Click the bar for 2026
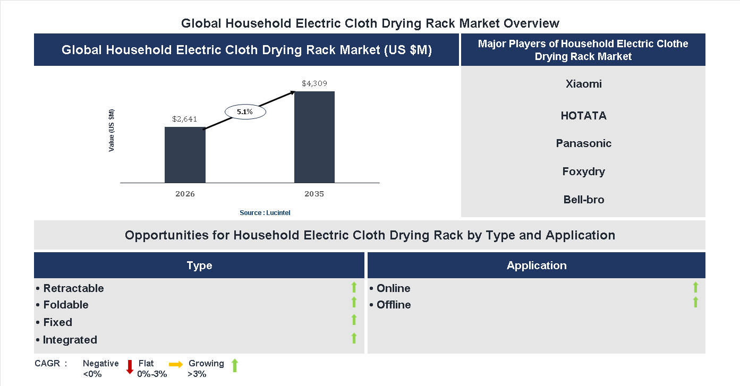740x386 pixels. pos(185,155)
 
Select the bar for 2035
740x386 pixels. pos(314,137)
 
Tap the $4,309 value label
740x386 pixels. pos(314,83)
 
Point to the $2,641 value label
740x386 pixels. pos(185,119)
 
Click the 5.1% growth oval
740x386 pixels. pos(245,112)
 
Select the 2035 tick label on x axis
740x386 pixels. pos(314,194)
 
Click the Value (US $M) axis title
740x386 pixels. pos(112,130)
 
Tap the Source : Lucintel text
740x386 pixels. pos(265,212)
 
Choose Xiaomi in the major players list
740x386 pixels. pos(584,84)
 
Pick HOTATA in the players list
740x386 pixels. pos(583,116)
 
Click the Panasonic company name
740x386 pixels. pos(584,143)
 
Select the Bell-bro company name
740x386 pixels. pos(584,200)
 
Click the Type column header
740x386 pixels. pos(199,265)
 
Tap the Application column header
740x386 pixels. pos(537,265)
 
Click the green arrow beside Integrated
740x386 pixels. pos(354,338)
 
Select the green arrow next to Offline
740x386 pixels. pos(695,303)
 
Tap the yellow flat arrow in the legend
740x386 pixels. pos(176,364)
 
